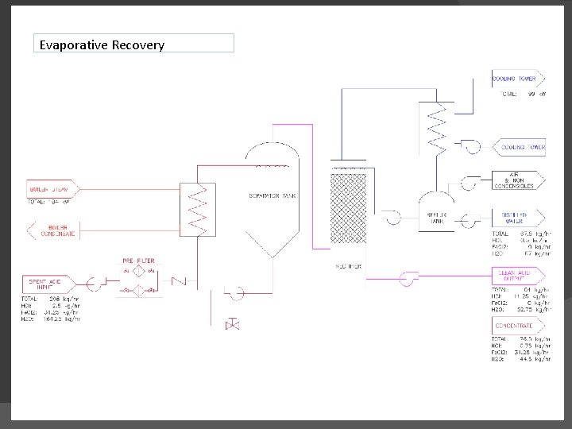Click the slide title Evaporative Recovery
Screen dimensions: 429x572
coord(102,44)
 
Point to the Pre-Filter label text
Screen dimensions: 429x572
coord(138,261)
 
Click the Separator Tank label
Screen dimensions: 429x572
coord(273,195)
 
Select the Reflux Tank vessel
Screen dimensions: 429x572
coord(436,211)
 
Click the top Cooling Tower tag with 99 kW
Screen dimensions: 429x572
coord(518,79)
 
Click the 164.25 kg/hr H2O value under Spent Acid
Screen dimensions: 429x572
coord(61,319)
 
